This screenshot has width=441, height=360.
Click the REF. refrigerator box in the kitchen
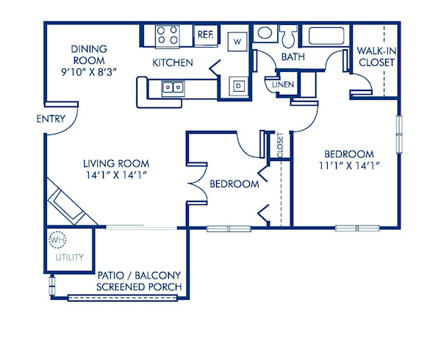pyautogui.click(x=204, y=34)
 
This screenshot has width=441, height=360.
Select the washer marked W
pyautogui.click(x=237, y=41)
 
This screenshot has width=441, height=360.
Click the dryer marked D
pyautogui.click(x=237, y=85)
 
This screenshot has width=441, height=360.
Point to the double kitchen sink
pyautogui.click(x=173, y=87)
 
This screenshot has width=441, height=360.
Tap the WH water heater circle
pyautogui.click(x=57, y=240)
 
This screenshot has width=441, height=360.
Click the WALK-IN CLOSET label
pyautogui.click(x=376, y=57)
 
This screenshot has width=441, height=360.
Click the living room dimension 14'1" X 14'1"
pyautogui.click(x=116, y=175)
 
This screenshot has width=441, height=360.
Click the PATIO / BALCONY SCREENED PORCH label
pyautogui.click(x=139, y=281)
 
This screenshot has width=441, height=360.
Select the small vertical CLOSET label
pyautogui.click(x=280, y=145)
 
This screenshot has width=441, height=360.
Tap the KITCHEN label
pyautogui.click(x=173, y=63)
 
